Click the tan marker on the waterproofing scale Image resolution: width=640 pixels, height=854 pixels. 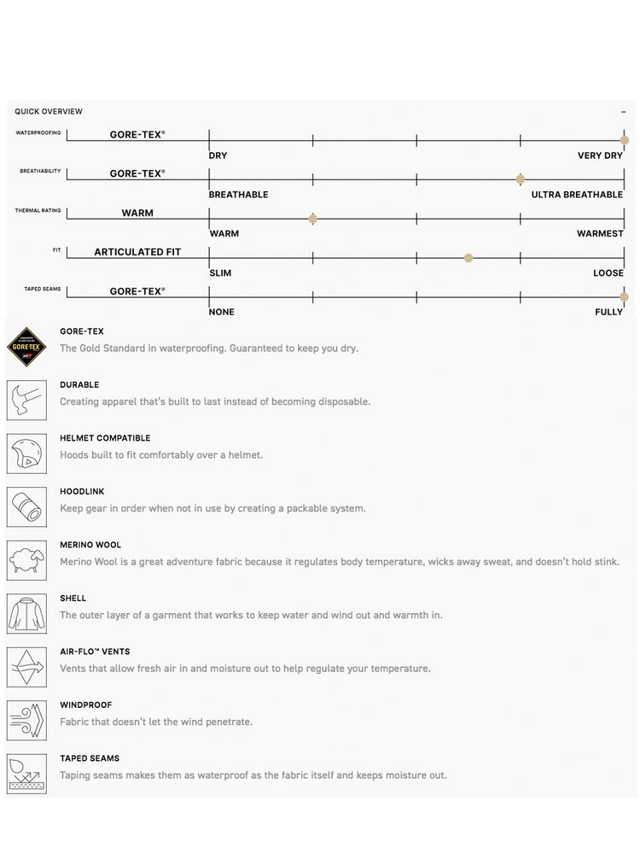pos(625,140)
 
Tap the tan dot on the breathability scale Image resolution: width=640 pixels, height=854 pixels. pos(521,179)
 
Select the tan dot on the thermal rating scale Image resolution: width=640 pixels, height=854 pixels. pos(313,219)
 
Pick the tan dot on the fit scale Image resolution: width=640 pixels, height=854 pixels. pos(468,258)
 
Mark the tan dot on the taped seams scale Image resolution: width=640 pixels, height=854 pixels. pos(625,296)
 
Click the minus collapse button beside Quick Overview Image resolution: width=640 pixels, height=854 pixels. pos(624,112)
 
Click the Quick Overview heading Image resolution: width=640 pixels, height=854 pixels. pos(49,112)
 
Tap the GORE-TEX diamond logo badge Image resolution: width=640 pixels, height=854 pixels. pos(26,346)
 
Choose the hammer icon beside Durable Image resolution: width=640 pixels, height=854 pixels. pos(26,400)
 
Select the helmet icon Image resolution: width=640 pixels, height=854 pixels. pos(26,453)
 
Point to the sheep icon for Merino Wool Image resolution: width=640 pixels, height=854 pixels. pos(26,560)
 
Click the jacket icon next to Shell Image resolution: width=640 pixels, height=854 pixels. pos(26,613)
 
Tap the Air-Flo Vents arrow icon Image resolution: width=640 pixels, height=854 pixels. pos(26,667)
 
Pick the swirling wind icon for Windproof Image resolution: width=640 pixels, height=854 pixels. pos(26,720)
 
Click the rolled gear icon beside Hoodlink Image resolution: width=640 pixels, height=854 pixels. pos(26,506)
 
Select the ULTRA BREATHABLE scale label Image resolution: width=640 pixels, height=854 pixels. pos(577,195)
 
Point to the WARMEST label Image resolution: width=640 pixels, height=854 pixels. pos(600,234)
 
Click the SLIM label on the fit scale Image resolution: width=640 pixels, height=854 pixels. pos(220,273)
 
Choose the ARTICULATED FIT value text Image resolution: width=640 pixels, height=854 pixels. pos(137,252)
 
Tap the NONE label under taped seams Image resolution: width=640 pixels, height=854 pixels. pos(222,313)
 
